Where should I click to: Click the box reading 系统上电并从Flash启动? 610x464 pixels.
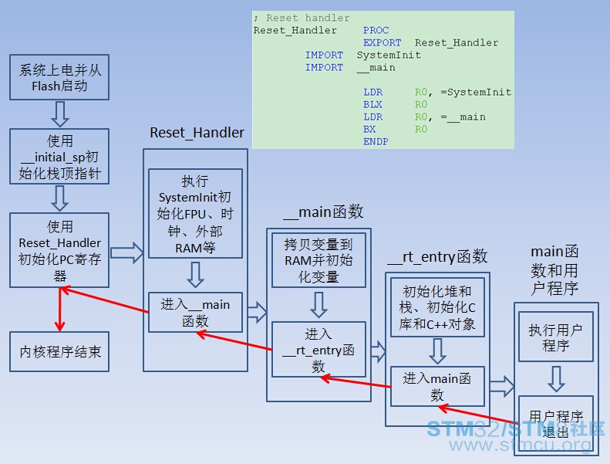pos(59,77)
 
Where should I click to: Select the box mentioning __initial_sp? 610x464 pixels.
pos(59,156)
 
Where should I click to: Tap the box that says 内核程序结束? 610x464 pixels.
pos(59,351)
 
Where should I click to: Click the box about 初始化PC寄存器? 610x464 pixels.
pos(59,250)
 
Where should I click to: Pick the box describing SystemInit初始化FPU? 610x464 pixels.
pos(195,214)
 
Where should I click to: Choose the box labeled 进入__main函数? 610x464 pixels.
pos(195,312)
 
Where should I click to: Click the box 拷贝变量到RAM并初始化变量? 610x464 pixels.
pos(318,260)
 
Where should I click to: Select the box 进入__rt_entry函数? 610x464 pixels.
pos(318,350)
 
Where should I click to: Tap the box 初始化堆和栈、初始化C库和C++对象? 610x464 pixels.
pos(437,307)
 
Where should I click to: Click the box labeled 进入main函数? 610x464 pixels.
pos(437,386)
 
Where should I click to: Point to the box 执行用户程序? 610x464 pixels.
pos(556,337)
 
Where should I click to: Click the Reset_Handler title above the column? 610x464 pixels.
pos(197,133)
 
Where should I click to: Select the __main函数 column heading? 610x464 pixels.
pos(323,212)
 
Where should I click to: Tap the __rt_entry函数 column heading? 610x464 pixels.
pos(437,257)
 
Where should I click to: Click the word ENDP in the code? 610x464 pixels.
pos(376,141)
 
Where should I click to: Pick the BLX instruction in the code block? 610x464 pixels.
pos(372,104)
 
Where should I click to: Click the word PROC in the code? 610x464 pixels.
pos(376,30)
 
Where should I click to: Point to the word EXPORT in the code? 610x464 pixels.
pos(382,42)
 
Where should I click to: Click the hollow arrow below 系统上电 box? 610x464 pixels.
pos(60,114)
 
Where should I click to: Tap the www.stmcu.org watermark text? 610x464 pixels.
pos(520,444)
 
